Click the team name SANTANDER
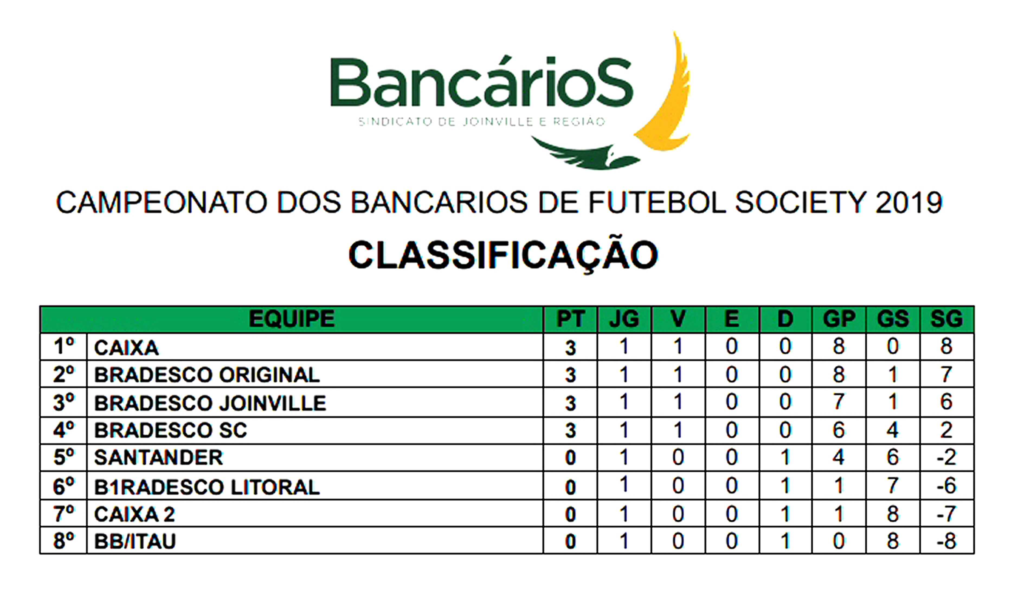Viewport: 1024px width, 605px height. coord(159,458)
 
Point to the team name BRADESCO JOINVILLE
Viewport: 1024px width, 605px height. coord(210,403)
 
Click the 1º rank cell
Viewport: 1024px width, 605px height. coord(64,346)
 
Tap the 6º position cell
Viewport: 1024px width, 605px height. coord(64,486)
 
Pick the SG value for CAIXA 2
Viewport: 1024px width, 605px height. coord(946,514)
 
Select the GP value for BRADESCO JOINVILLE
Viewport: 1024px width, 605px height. coord(839,402)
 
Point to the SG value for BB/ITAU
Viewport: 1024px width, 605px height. coord(946,541)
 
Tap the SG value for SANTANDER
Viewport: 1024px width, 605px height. coord(946,458)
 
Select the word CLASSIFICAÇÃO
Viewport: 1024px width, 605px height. coord(503,255)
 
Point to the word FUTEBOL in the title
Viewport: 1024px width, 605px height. coord(657,203)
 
